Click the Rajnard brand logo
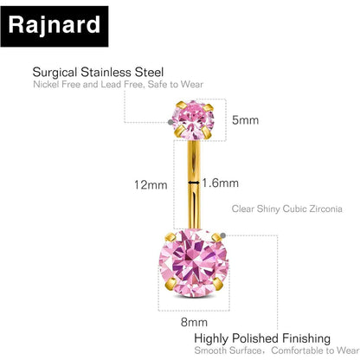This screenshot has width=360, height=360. click(55, 26)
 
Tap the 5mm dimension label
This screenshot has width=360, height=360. click(245, 120)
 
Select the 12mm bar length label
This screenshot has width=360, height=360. click(151, 184)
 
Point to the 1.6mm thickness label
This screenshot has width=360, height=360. click(220, 183)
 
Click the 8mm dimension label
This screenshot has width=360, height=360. click(194, 322)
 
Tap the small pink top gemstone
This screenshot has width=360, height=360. click(194, 119)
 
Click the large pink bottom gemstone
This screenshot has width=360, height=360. click(194, 263)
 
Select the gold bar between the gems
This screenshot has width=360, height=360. click(194, 184)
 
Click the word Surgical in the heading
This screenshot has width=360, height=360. click(55, 73)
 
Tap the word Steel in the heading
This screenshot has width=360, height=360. click(149, 72)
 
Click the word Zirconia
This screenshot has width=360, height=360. click(325, 209)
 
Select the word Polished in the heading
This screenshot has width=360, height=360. click(255, 338)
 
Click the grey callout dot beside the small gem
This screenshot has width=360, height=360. click(170, 122)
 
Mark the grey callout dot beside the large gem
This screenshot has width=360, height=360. click(222, 235)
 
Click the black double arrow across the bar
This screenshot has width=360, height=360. click(194, 183)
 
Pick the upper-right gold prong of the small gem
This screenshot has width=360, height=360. click(208, 108)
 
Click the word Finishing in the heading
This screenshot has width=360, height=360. click(306, 338)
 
